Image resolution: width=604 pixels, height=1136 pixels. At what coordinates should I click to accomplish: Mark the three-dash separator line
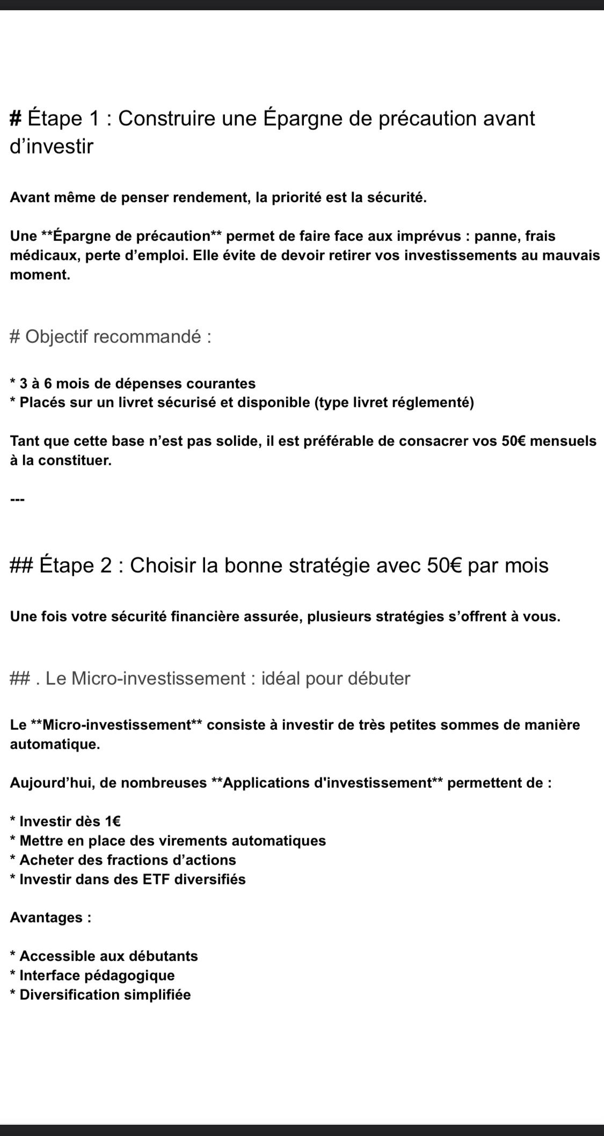(x=17, y=500)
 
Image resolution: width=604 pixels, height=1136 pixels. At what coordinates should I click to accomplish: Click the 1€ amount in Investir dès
(x=112, y=822)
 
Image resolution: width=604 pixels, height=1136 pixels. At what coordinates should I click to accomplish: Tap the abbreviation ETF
(x=157, y=880)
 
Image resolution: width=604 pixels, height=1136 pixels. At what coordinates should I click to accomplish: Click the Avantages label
(x=50, y=918)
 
